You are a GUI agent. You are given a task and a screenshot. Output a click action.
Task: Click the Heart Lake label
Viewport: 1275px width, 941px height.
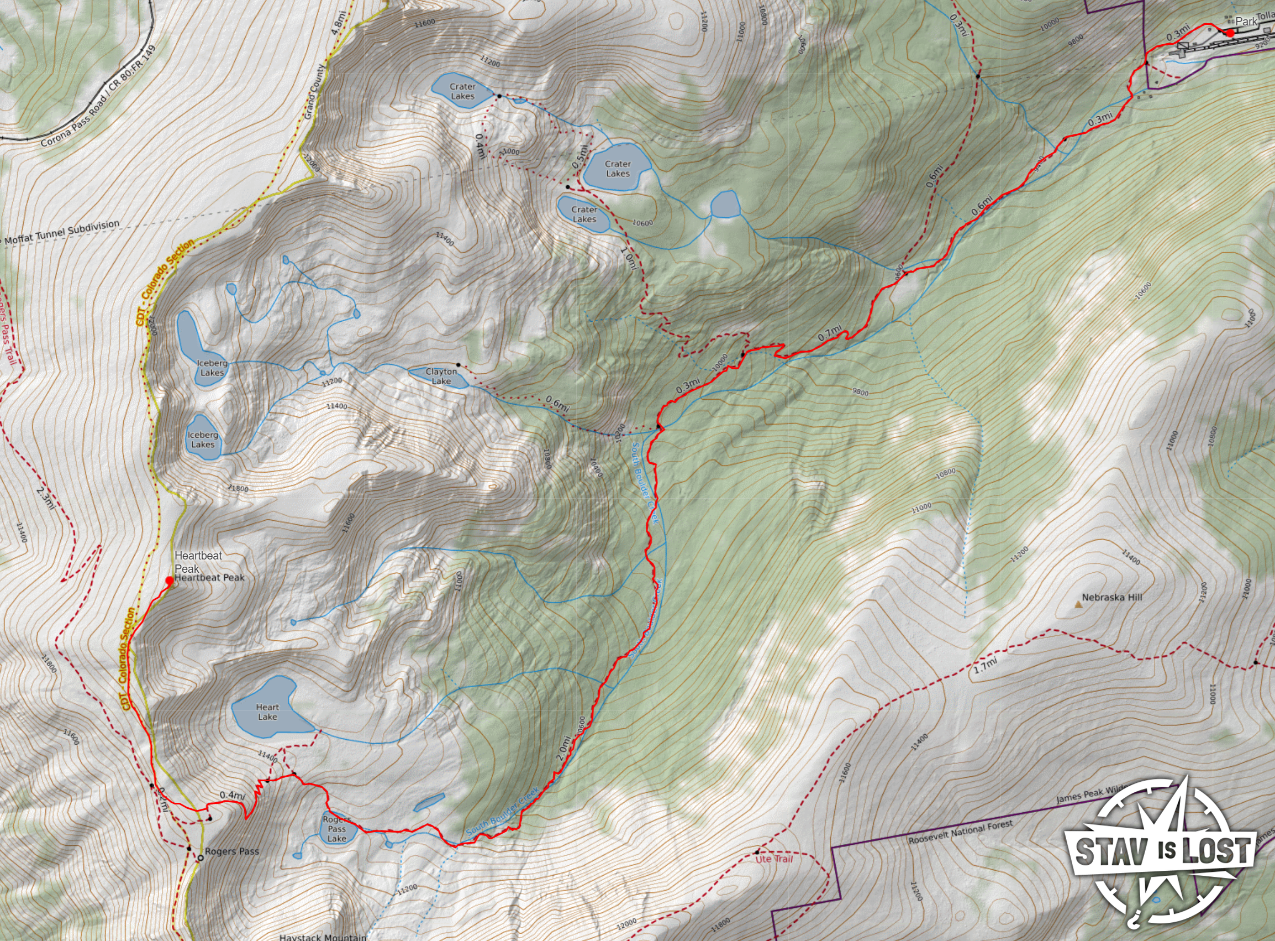pos(267,712)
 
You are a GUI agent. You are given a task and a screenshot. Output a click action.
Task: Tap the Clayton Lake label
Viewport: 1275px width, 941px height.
pos(441,377)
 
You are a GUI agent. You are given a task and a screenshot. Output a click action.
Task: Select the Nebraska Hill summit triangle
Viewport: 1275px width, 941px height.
pos(1078,604)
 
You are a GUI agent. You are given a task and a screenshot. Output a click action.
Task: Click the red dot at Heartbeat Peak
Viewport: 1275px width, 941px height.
pos(169,581)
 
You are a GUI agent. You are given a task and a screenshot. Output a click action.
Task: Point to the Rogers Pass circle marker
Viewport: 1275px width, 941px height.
pos(201,858)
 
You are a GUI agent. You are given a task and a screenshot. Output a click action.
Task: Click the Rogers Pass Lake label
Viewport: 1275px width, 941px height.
pos(336,829)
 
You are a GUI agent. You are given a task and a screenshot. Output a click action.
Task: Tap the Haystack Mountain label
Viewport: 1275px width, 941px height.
pos(323,937)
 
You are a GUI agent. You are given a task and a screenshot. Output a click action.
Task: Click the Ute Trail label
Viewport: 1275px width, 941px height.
pos(773,859)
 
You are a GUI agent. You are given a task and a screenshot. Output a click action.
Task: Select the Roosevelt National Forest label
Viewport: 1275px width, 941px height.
pos(960,832)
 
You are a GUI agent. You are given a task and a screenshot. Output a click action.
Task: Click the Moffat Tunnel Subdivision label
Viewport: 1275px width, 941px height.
pos(61,232)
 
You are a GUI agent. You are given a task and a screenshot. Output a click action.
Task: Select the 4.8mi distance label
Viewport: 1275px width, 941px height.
pos(338,23)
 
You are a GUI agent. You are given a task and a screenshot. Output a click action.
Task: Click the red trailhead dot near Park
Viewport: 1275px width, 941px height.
pos(1230,33)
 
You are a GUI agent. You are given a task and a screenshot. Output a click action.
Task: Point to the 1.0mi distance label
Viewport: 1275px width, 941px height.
pos(629,258)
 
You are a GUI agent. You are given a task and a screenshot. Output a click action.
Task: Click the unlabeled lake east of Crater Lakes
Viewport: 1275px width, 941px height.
pos(724,205)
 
